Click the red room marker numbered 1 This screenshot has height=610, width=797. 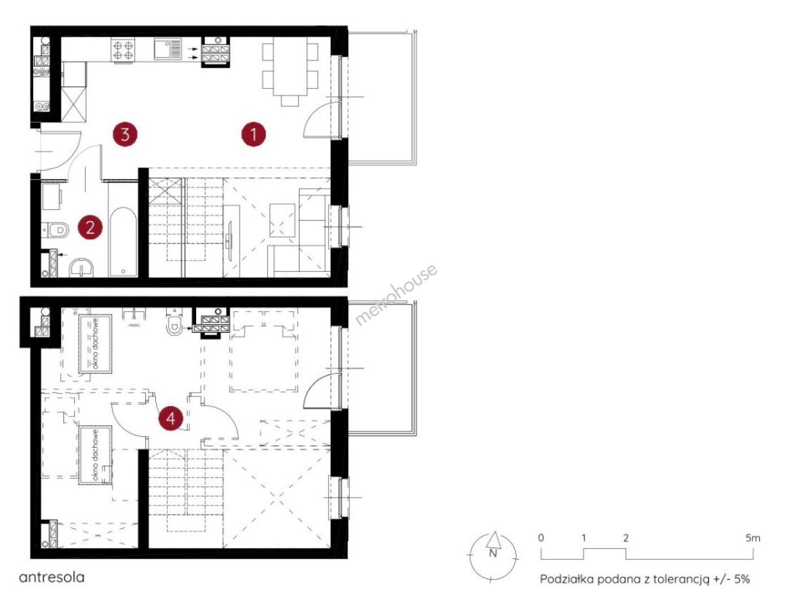click(x=253, y=134)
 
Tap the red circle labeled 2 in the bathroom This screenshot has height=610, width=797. click(x=90, y=227)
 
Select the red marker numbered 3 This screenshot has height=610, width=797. click(x=125, y=134)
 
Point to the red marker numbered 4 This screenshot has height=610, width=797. click(x=171, y=418)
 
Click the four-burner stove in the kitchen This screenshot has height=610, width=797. click(x=123, y=50)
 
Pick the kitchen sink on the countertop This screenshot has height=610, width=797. click(x=168, y=50)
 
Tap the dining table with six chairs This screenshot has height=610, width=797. click(x=290, y=71)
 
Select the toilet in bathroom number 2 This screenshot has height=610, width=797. click(x=55, y=230)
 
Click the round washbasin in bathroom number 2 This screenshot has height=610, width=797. click(x=81, y=268)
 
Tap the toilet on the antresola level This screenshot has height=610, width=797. click(x=174, y=322)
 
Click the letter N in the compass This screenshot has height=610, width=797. click(x=493, y=553)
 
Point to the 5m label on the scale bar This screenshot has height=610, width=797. click(x=752, y=538)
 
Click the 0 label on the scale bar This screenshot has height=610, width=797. click(x=541, y=538)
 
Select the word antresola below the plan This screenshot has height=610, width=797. click(x=51, y=577)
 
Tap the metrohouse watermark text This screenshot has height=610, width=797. click(x=396, y=295)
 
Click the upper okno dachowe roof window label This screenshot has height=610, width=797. click(x=96, y=343)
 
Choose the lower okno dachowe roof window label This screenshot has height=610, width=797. click(x=96, y=455)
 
